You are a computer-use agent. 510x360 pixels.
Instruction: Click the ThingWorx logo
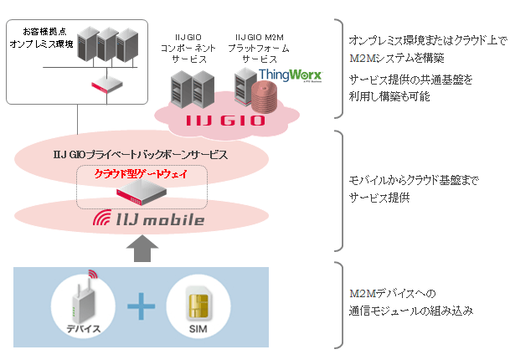[x=284, y=76]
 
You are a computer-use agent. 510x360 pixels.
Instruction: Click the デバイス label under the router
[x=84, y=329]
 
